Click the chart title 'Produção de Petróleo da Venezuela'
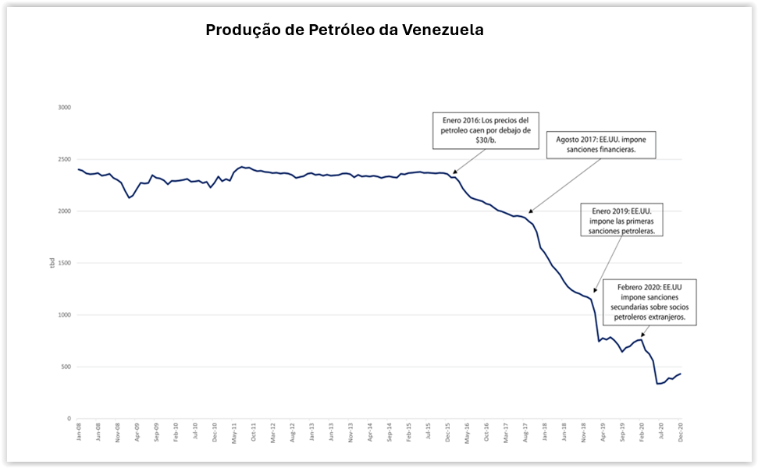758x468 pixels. [344, 30]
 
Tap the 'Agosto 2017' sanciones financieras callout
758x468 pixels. [601, 144]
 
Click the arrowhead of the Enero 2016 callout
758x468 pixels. [453, 172]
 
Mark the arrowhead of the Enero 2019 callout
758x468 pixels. [595, 291]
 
